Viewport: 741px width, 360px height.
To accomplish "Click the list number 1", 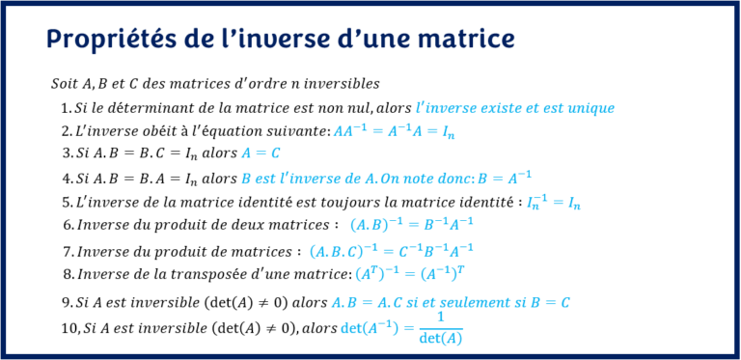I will tap(65, 108).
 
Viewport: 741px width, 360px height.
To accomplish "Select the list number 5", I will tap(66, 202).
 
